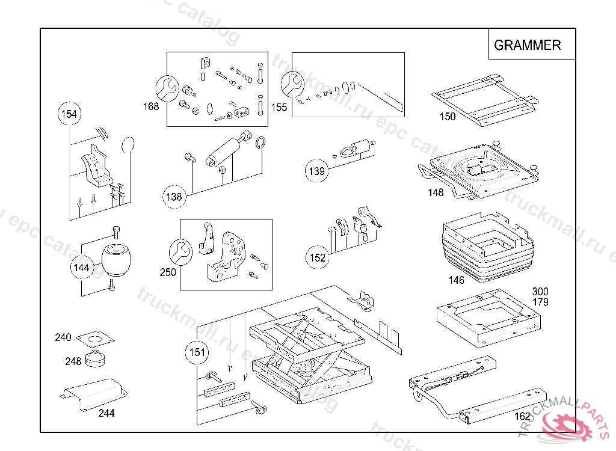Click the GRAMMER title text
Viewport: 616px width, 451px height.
[x=527, y=44]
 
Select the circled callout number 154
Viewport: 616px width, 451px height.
[x=69, y=114]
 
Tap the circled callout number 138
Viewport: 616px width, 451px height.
[x=174, y=197]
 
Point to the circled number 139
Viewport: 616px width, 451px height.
[x=316, y=171]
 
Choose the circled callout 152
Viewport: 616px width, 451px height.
[x=318, y=257]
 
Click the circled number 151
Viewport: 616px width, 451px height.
[x=197, y=352]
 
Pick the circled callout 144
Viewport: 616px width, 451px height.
[x=81, y=268]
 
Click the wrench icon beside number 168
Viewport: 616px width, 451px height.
[x=167, y=88]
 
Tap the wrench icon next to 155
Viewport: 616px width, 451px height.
[x=292, y=84]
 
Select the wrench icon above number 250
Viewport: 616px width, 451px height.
[x=180, y=251]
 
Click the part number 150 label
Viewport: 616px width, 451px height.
[x=448, y=116]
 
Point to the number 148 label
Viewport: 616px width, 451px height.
[x=436, y=192]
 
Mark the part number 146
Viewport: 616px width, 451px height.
[x=456, y=280]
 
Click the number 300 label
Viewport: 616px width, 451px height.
[x=540, y=291]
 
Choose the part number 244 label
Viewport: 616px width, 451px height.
[x=106, y=413]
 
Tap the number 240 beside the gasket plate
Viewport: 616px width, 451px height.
[x=63, y=337]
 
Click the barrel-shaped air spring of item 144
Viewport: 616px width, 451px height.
[x=116, y=260]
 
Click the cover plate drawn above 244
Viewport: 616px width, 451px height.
[x=94, y=394]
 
